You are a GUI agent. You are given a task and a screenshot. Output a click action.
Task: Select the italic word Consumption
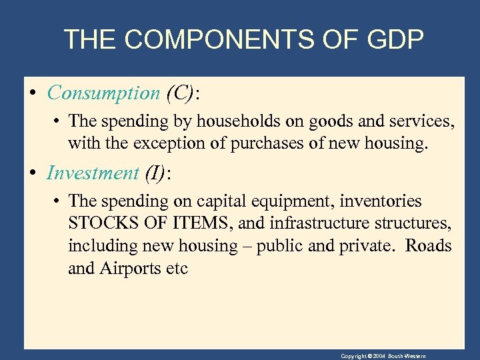(103, 93)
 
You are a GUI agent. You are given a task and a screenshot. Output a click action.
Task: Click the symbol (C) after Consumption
(179, 93)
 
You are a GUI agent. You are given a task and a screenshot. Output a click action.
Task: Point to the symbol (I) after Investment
(154, 173)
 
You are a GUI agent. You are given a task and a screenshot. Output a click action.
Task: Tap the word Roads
(429, 246)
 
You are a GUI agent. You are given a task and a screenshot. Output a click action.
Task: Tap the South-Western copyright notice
(383, 356)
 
